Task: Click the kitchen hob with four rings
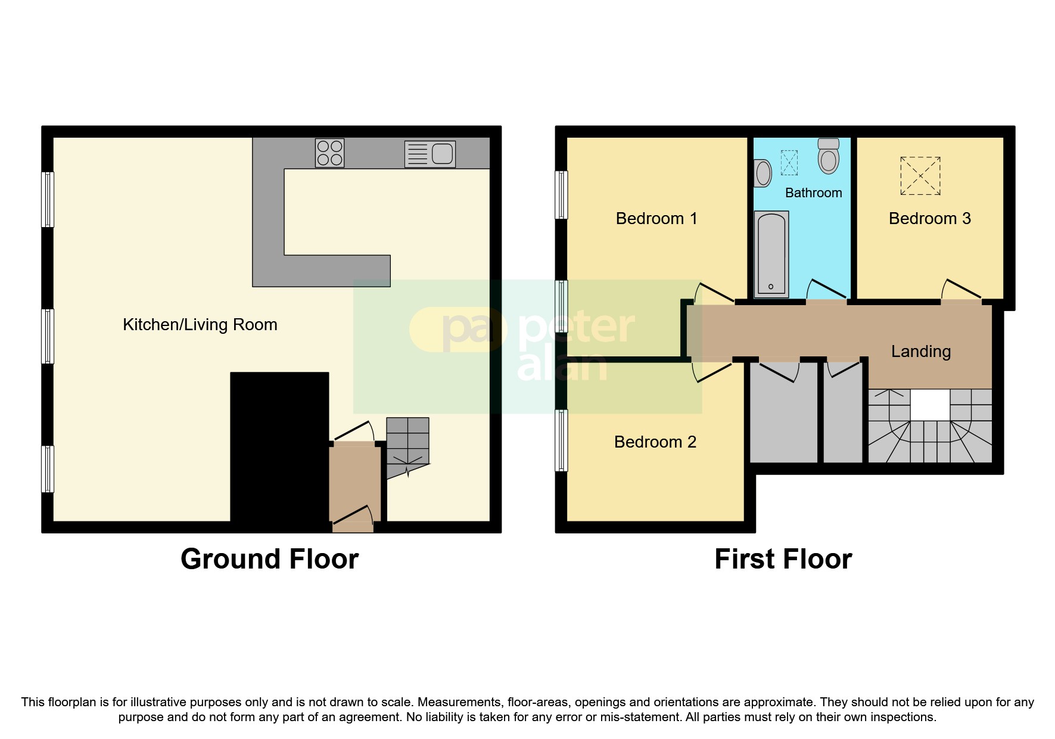[329, 153]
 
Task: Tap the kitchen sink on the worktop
[430, 154]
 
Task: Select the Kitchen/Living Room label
[200, 325]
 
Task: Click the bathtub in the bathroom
[771, 254]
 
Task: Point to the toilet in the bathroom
[828, 156]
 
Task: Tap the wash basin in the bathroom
[763, 173]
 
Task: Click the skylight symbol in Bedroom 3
[920, 176]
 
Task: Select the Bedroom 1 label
[656, 219]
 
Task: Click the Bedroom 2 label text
[655, 442]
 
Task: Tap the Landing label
[920, 352]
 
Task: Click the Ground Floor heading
[269, 559]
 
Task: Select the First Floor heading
[783, 559]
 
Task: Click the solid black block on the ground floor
[279, 447]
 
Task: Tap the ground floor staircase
[407, 444]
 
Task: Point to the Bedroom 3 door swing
[960, 290]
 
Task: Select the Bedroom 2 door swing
[712, 371]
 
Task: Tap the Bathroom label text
[813, 193]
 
